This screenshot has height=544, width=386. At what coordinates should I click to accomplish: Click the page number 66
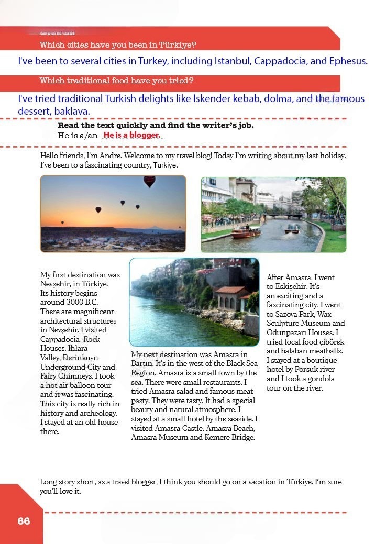click(24, 521)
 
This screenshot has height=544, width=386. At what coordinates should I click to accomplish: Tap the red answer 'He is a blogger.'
click(131, 136)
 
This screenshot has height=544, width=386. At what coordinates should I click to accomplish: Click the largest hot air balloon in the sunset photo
click(149, 182)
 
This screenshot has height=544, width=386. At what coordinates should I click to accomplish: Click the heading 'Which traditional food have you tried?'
click(117, 81)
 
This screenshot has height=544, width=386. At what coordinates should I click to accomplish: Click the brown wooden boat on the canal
click(245, 232)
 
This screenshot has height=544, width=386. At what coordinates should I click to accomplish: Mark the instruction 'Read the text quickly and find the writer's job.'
click(156, 126)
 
